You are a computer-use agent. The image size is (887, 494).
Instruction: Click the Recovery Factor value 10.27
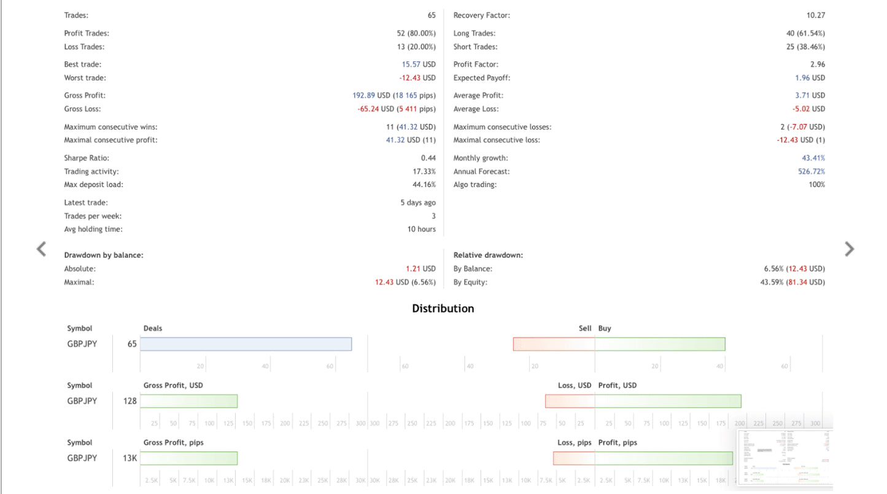pos(816,15)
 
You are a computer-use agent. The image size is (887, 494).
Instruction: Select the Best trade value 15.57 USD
pos(419,64)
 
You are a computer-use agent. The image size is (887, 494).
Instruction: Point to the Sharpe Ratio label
pos(87,158)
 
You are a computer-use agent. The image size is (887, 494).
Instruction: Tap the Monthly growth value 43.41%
pos(813,158)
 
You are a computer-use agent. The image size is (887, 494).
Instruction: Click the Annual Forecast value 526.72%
pos(811,171)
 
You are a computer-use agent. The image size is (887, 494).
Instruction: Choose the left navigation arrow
pos(41,249)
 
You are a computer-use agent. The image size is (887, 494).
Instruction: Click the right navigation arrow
pos(850,249)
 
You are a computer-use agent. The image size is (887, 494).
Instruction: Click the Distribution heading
pos(443,308)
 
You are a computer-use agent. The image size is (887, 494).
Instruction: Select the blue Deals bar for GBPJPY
pos(246,344)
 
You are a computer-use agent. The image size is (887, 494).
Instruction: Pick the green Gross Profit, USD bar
pos(189,401)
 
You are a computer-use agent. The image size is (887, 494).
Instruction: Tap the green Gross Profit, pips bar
pos(189,458)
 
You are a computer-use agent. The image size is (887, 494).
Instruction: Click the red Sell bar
pos(554,344)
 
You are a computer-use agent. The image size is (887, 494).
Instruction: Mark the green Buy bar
pos(660,344)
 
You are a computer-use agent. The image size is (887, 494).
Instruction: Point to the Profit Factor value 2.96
pos(818,64)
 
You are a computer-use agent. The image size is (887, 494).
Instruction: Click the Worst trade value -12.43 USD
pos(417,78)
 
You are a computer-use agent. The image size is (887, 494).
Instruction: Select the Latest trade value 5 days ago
pos(418,203)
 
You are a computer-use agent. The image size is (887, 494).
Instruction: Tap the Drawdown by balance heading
pos(104,255)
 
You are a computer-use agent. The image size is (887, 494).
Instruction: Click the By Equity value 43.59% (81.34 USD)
pos(792,282)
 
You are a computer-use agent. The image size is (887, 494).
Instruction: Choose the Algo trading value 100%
pos(817,185)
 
